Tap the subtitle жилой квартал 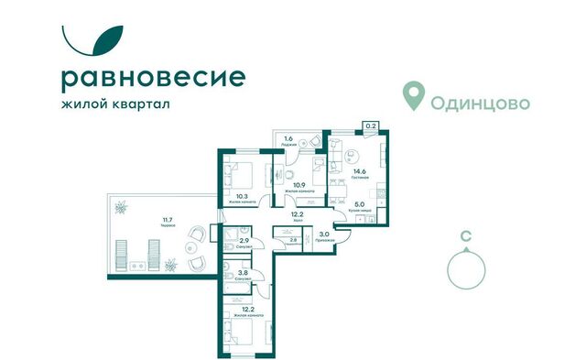[x=115, y=104]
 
